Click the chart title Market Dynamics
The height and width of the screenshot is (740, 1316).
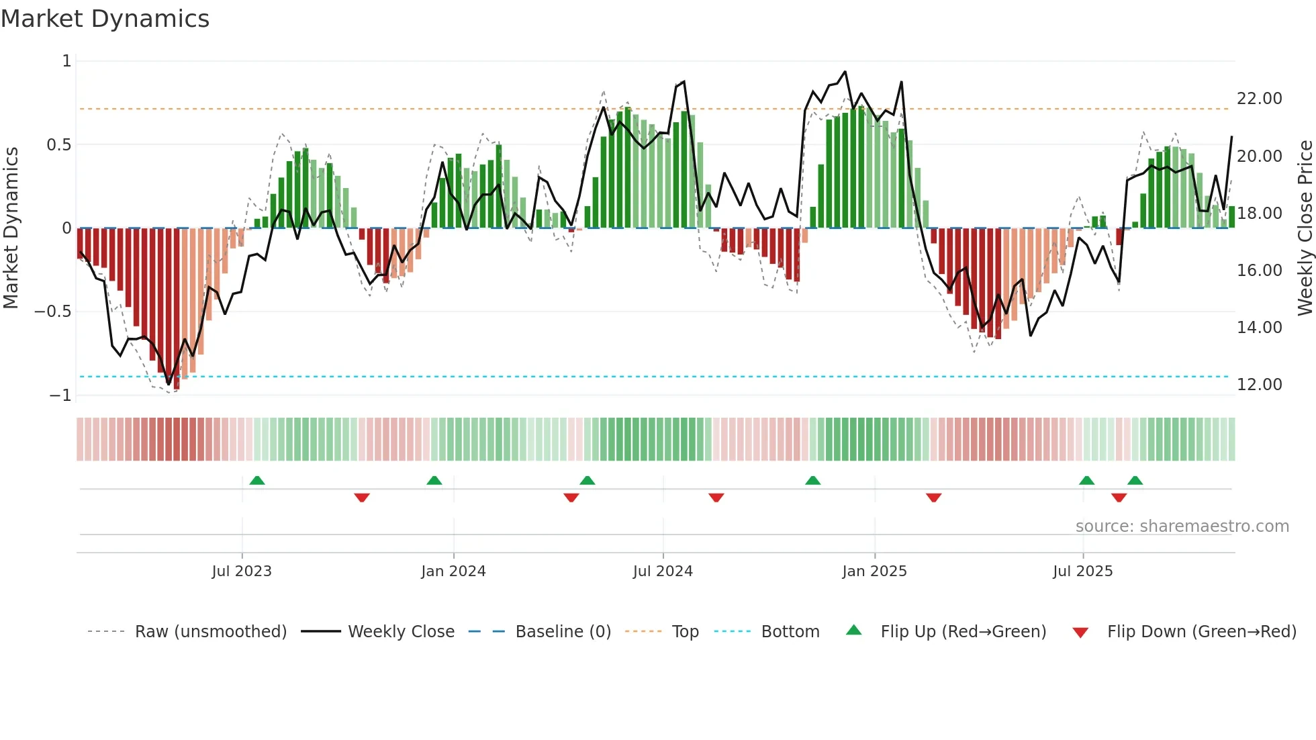click(x=105, y=19)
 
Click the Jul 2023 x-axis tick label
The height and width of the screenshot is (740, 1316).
click(x=242, y=571)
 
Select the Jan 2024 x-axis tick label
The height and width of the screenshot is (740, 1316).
click(x=453, y=571)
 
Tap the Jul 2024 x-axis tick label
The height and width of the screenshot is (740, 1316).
click(x=663, y=571)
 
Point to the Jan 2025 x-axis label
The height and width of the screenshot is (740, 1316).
click(x=874, y=571)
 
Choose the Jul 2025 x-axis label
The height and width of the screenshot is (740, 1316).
click(x=1082, y=571)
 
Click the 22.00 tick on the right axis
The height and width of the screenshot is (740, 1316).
click(x=1259, y=99)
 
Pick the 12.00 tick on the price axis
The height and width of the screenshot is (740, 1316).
click(x=1259, y=385)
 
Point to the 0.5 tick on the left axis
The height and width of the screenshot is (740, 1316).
click(x=58, y=145)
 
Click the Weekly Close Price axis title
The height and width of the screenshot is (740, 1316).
click(x=1305, y=228)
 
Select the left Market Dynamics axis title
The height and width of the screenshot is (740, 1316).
click(x=11, y=228)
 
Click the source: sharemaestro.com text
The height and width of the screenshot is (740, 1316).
click(x=1182, y=526)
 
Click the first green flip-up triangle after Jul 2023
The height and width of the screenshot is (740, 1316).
click(x=257, y=480)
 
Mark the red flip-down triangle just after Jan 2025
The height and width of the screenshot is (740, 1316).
click(x=933, y=498)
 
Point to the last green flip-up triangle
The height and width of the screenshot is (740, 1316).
click(x=1135, y=480)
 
